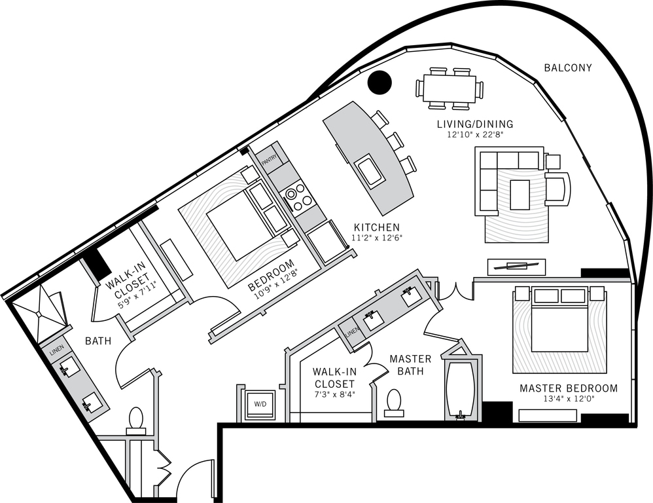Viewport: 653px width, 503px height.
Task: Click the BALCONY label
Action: click(x=567, y=67)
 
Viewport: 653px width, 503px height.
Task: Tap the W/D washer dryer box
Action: click(x=260, y=403)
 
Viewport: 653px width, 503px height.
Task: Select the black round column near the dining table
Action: click(x=379, y=82)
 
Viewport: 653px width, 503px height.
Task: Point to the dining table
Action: click(x=449, y=88)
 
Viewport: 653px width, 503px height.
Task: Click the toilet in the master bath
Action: click(x=394, y=403)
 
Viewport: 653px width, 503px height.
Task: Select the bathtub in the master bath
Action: click(x=461, y=390)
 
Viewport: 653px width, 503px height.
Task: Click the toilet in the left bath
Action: click(x=136, y=420)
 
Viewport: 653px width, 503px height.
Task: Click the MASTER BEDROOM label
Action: click(x=568, y=388)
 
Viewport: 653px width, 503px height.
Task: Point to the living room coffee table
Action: click(x=520, y=195)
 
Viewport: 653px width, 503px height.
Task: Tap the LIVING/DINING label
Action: click(x=475, y=124)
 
